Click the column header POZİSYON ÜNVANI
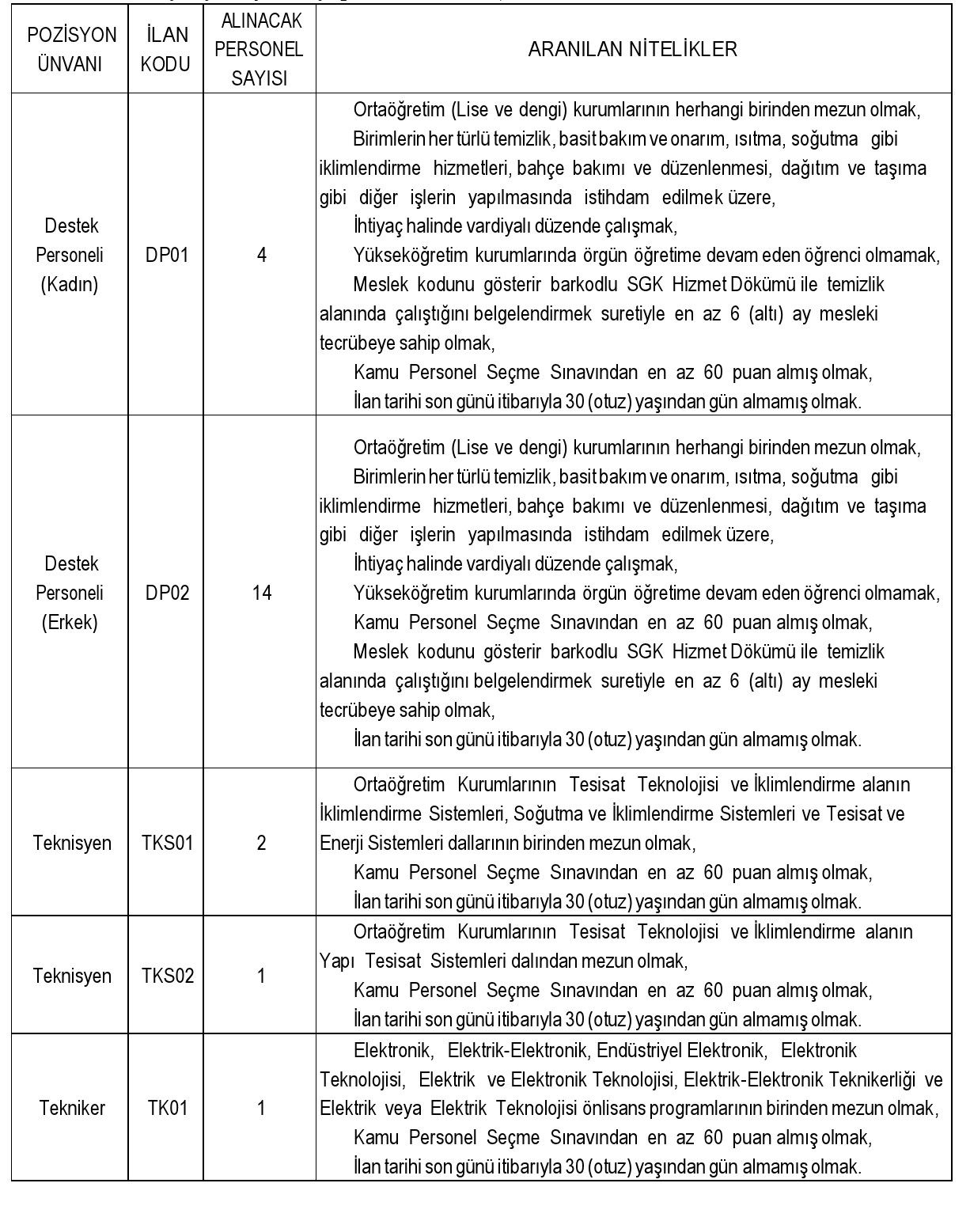[70, 49]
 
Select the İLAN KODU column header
[166, 49]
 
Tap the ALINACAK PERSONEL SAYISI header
[260, 49]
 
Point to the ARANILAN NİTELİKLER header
[632, 49]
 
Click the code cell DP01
[167, 255]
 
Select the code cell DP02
[167, 593]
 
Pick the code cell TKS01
[167, 843]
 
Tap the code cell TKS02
[167, 976]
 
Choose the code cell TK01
[167, 1108]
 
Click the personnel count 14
[261, 593]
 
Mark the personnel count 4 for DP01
[261, 255]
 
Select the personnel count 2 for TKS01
[261, 843]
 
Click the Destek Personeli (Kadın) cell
[70, 255]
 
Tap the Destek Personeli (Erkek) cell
[70, 593]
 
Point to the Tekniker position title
[71, 1108]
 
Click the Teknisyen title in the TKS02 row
[71, 976]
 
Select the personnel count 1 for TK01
[261, 1108]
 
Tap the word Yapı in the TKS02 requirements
[335, 961]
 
